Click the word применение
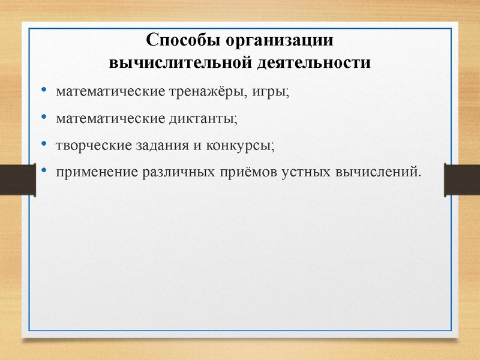point(97,173)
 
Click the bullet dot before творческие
point(44,145)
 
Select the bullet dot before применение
point(44,172)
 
